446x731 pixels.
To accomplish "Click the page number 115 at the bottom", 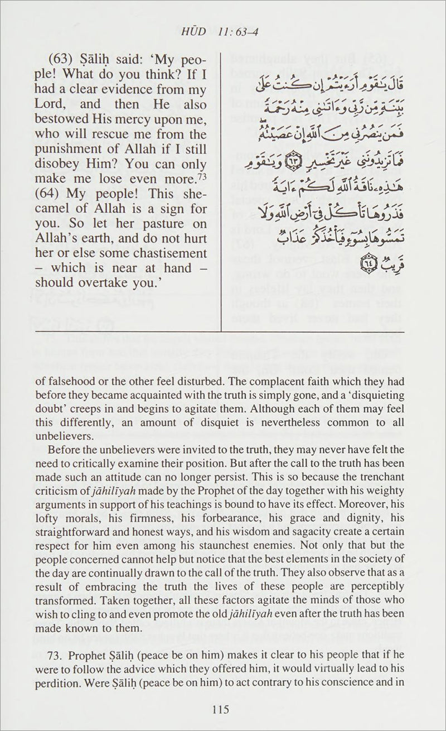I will click(x=222, y=710).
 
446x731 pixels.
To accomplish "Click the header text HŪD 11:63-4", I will click(x=222, y=37).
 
